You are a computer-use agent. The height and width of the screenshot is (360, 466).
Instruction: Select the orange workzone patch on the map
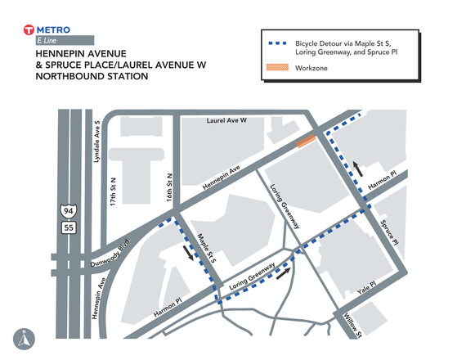pyautogui.click(x=307, y=141)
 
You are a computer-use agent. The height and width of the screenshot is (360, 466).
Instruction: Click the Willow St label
pyautogui.click(x=352, y=326)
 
